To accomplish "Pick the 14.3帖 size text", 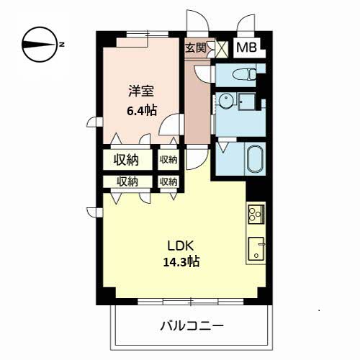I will pyautogui.click(x=181, y=262).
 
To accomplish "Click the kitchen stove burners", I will pyautogui.click(x=256, y=214).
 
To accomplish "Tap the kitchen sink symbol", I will pyautogui.click(x=256, y=249).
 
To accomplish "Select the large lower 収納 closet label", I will pyautogui.click(x=127, y=181).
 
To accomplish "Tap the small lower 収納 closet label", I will pyautogui.click(x=168, y=181).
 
